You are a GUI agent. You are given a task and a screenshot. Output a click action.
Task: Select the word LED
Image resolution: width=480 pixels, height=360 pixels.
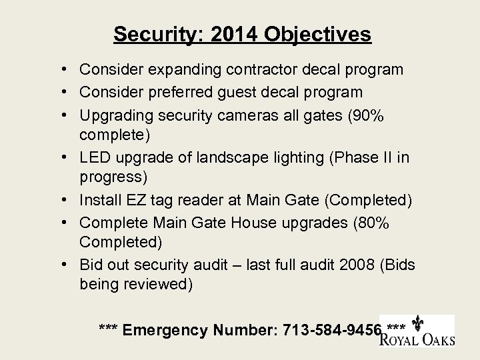coord(94,157)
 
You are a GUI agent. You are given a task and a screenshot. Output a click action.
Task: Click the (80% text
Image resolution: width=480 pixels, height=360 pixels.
coord(370,222)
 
